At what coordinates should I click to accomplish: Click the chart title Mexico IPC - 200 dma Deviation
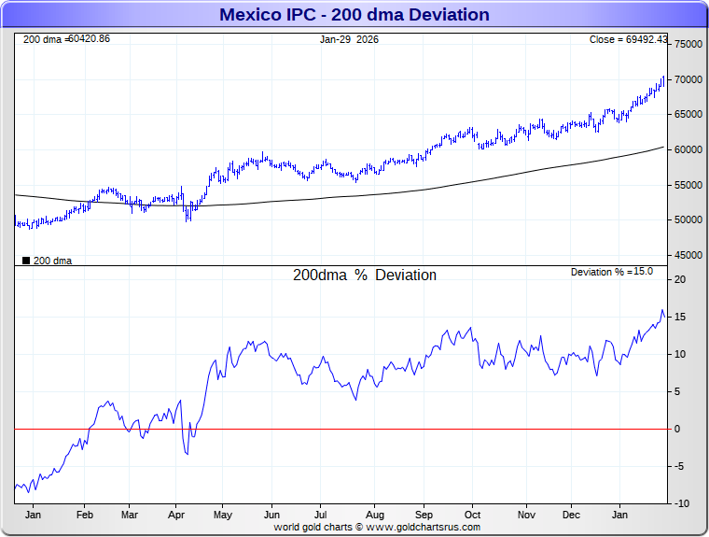coord(354,15)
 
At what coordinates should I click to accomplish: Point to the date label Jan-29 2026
coord(349,39)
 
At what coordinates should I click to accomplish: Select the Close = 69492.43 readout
coord(628,39)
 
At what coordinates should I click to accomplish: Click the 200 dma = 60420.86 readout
coord(66,39)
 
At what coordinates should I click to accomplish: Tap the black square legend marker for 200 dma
coord(25,261)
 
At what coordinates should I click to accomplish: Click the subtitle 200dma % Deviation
coord(365,276)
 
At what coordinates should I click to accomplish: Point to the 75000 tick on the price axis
coord(688,44)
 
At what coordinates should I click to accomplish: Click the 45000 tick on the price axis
coord(688,255)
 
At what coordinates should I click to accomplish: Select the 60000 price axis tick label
coord(688,149)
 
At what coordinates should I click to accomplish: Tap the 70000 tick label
coord(688,79)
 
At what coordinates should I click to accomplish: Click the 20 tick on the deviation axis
coord(681,279)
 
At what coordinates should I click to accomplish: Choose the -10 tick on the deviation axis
coord(682,503)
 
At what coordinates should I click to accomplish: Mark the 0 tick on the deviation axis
coord(678,429)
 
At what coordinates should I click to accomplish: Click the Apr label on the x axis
coord(176,515)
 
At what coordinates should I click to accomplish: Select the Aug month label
coord(374,515)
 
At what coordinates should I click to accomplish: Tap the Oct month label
coord(472,515)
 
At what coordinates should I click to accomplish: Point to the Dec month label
coord(571,515)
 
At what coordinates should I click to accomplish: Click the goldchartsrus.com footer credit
coord(377,527)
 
